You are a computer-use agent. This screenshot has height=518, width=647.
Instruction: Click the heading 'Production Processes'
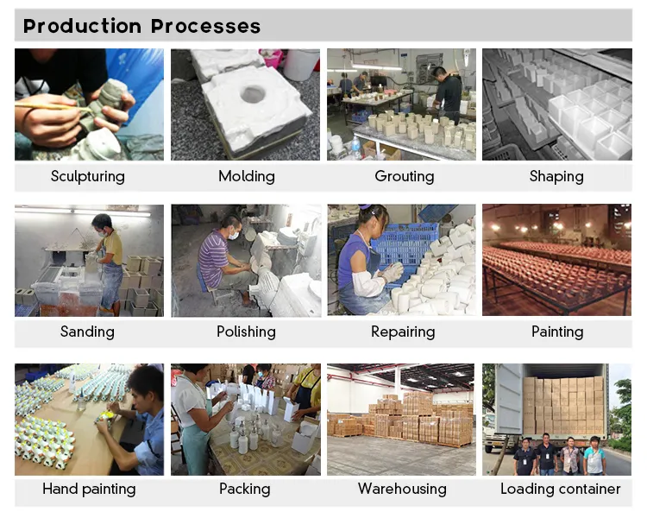[141, 26]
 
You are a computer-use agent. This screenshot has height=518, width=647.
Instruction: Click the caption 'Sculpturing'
[87, 176]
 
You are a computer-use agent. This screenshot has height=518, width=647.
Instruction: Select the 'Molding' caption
[246, 176]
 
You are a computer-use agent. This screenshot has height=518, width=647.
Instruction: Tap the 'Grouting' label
[404, 176]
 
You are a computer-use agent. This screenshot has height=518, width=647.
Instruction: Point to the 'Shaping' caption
[556, 176]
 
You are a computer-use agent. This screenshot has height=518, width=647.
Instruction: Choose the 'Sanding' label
[87, 332]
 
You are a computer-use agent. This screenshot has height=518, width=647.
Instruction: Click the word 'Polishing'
[246, 332]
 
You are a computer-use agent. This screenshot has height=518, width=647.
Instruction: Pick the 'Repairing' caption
[402, 332]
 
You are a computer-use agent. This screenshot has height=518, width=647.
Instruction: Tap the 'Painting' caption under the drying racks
[557, 332]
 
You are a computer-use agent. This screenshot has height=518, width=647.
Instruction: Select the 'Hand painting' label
[89, 489]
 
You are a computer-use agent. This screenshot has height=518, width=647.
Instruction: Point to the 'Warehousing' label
[402, 489]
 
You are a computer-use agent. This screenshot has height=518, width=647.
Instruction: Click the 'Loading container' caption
[560, 489]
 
